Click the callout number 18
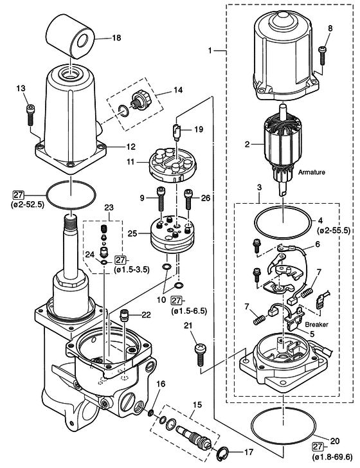(116, 38)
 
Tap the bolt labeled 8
(322, 55)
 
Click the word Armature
(311, 172)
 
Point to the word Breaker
(316, 324)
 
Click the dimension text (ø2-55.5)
(334, 230)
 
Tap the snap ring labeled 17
(222, 453)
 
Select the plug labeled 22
(124, 315)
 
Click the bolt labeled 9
(161, 199)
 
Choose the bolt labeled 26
(188, 199)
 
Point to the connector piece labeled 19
(177, 131)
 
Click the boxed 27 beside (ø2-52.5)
(18, 195)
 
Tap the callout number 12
(130, 147)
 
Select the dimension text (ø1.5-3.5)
(132, 269)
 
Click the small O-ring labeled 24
(104, 262)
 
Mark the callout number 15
(197, 405)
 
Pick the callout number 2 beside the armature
(247, 145)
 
